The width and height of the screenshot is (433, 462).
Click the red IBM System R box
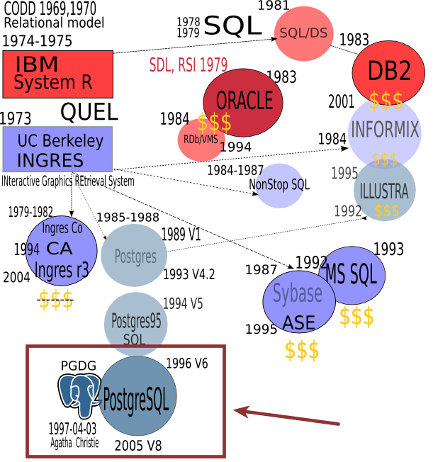point(57,74)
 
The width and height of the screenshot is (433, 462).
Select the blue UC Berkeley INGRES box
point(57,150)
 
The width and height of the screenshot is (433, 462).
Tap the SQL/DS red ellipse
point(303,33)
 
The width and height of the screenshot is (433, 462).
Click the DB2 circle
point(388,71)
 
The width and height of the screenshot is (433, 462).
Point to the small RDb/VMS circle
point(200,140)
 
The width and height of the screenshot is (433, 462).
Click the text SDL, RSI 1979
point(189,65)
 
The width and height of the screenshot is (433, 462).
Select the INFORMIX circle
point(385,130)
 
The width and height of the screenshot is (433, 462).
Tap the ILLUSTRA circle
point(384,191)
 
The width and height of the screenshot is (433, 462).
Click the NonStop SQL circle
point(279,185)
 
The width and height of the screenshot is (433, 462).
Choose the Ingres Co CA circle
point(61,250)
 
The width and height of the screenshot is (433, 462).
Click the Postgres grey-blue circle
point(134,256)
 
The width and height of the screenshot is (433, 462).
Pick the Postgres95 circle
point(135,325)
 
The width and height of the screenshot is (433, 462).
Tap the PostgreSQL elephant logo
point(79,395)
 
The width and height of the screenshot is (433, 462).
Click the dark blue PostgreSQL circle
point(137,397)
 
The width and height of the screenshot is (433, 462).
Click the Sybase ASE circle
point(298,302)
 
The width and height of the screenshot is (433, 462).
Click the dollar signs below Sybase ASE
point(302,351)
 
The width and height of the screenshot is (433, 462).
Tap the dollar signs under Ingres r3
point(56,300)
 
